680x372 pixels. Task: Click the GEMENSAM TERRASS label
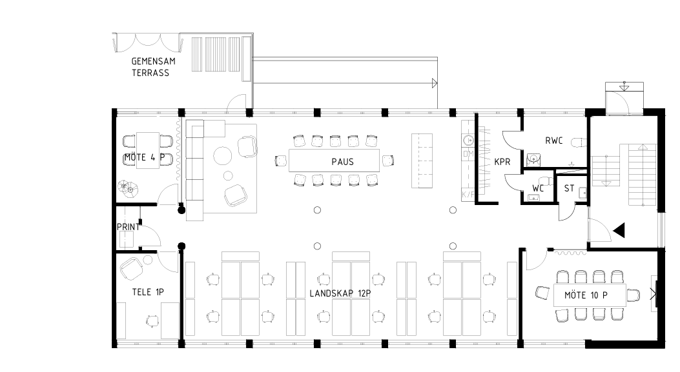click(153, 67)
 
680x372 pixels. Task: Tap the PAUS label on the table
click(343, 162)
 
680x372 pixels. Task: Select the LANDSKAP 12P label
click(340, 293)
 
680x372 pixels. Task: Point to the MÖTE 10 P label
click(586, 295)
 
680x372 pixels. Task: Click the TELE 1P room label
click(148, 292)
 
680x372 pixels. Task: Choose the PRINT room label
click(129, 227)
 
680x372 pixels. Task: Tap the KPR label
click(502, 162)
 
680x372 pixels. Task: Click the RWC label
click(554, 141)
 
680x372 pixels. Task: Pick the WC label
click(538, 189)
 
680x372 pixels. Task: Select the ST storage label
click(569, 188)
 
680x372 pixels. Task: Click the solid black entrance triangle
click(619, 230)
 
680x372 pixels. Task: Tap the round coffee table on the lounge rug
click(223, 155)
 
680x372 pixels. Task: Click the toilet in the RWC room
click(578, 142)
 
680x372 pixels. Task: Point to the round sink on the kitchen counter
click(468, 141)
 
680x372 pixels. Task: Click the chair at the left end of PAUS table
click(281, 161)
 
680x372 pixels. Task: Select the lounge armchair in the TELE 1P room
click(132, 268)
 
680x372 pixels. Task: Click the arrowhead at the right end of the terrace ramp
click(435, 83)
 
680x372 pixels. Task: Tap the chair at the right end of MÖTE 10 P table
click(633, 295)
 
